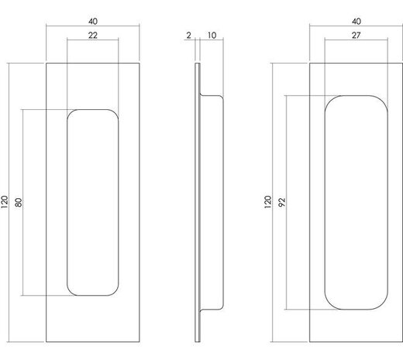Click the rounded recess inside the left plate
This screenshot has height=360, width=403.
pyautogui.click(x=93, y=203)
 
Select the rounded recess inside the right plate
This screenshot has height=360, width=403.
pyautogui.click(x=356, y=203)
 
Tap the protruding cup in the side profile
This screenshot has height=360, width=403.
pyautogui.click(x=214, y=203)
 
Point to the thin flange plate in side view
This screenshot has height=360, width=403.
pyautogui.click(x=200, y=203)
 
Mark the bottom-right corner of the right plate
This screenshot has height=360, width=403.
pyautogui.click(x=402, y=341)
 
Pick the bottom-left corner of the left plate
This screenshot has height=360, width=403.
pyautogui.click(x=47, y=341)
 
